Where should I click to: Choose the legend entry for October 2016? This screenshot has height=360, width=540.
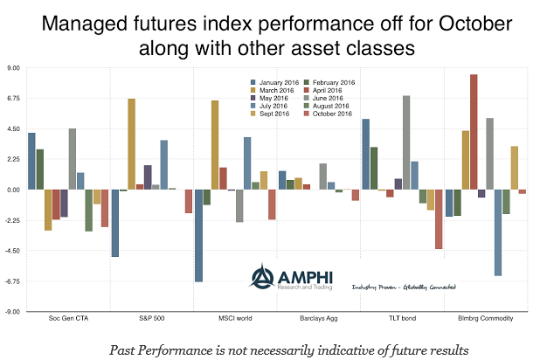(x=334, y=114)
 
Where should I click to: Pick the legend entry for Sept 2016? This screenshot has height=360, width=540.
(x=272, y=114)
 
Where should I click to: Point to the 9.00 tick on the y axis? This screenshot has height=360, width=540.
(x=14, y=68)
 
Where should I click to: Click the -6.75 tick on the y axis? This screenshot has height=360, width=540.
(x=13, y=281)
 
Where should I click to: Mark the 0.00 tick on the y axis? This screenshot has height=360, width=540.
(x=14, y=190)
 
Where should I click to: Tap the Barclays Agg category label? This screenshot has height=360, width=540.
(x=319, y=318)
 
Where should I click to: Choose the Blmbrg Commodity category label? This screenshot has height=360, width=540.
(x=486, y=318)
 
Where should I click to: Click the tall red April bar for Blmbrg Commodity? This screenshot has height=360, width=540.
(x=474, y=131)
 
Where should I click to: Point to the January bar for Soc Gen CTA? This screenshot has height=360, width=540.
(x=31, y=161)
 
